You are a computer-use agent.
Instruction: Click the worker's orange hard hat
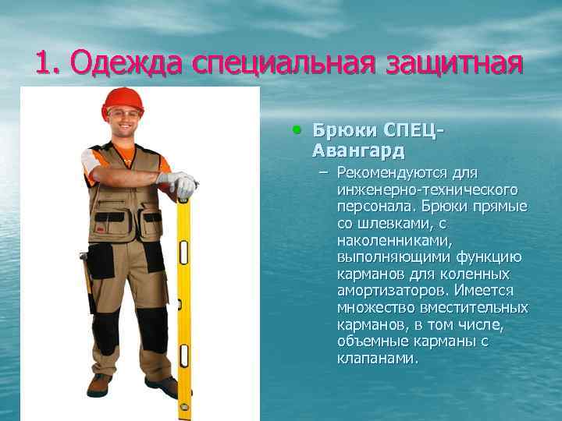pyautogui.click(x=123, y=100)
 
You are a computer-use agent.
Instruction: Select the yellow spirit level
pyautogui.click(x=184, y=304)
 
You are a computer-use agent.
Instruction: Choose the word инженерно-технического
pyautogui.click(x=428, y=189)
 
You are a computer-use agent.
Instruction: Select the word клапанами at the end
pyautogui.click(x=378, y=359)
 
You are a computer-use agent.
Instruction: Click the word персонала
pyautogui.click(x=372, y=207)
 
